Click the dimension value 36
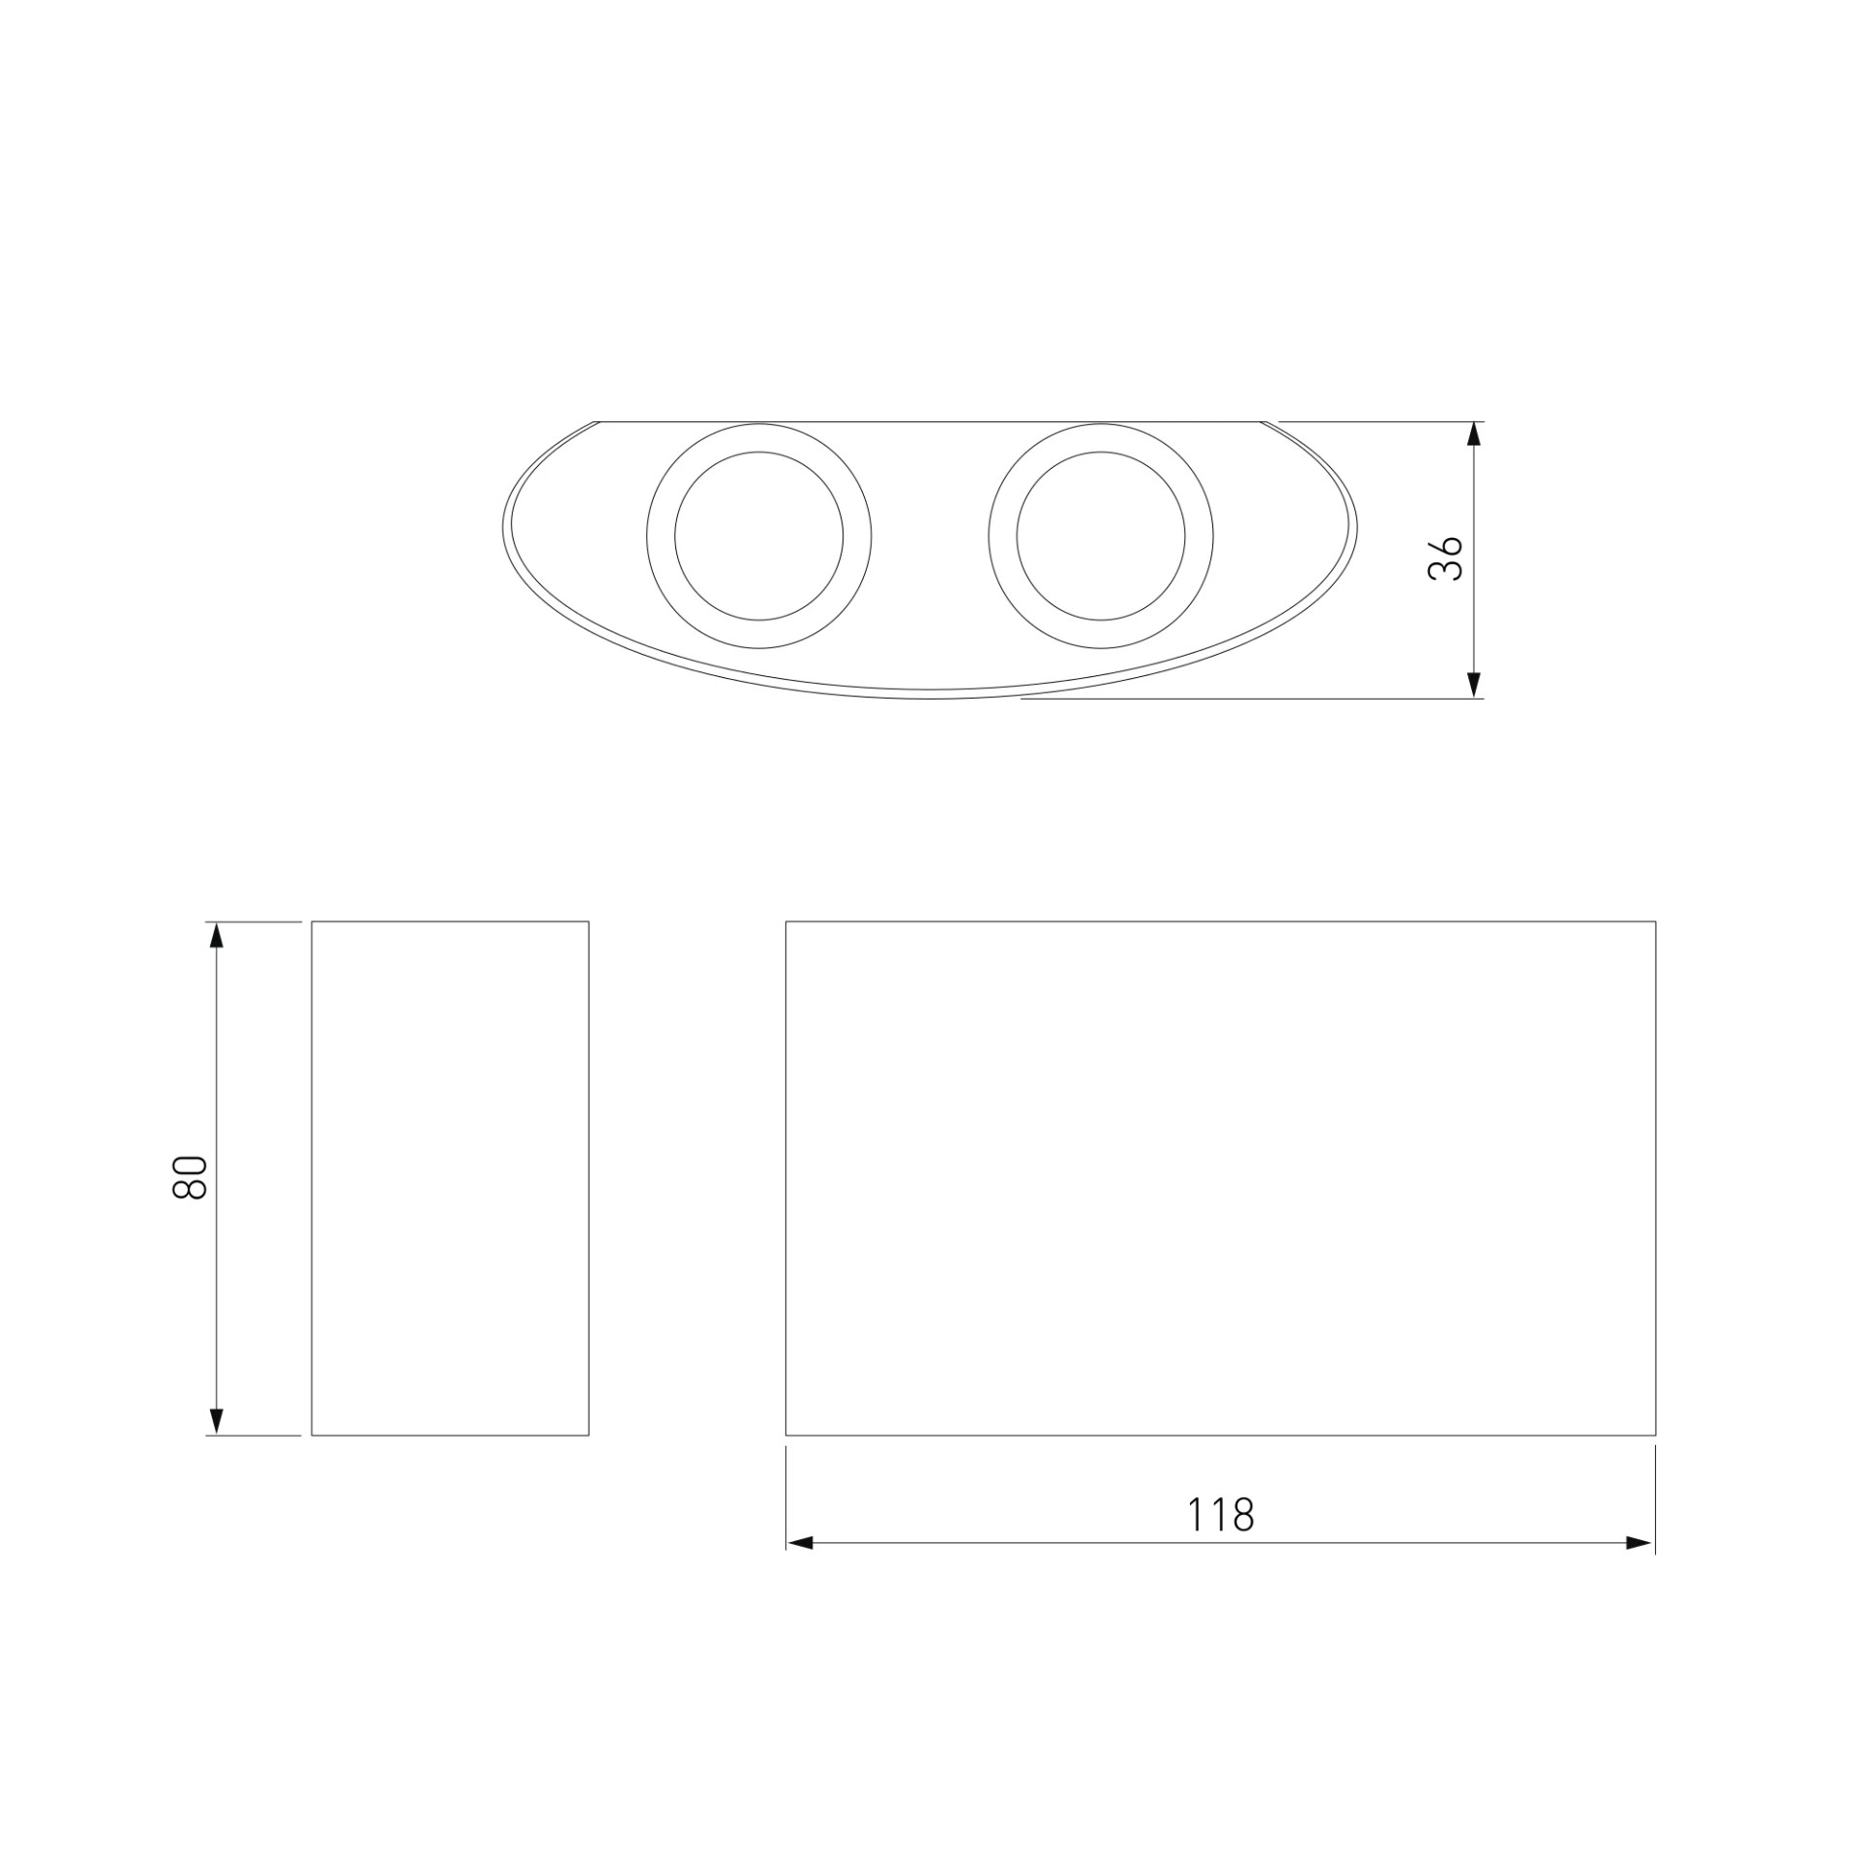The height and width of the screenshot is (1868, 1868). pos(1445,557)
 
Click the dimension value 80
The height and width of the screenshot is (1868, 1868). pos(190,1177)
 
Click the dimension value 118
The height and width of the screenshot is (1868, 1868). pos(1221,1515)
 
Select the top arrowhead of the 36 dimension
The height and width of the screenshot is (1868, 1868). pos(1474,434)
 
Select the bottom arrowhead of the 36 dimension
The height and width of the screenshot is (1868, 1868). pos(1474,685)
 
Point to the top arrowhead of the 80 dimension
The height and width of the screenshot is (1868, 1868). pos(217,934)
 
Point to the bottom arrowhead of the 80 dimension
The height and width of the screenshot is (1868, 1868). pos(217,1421)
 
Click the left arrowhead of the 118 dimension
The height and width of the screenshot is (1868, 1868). pos(800,1543)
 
